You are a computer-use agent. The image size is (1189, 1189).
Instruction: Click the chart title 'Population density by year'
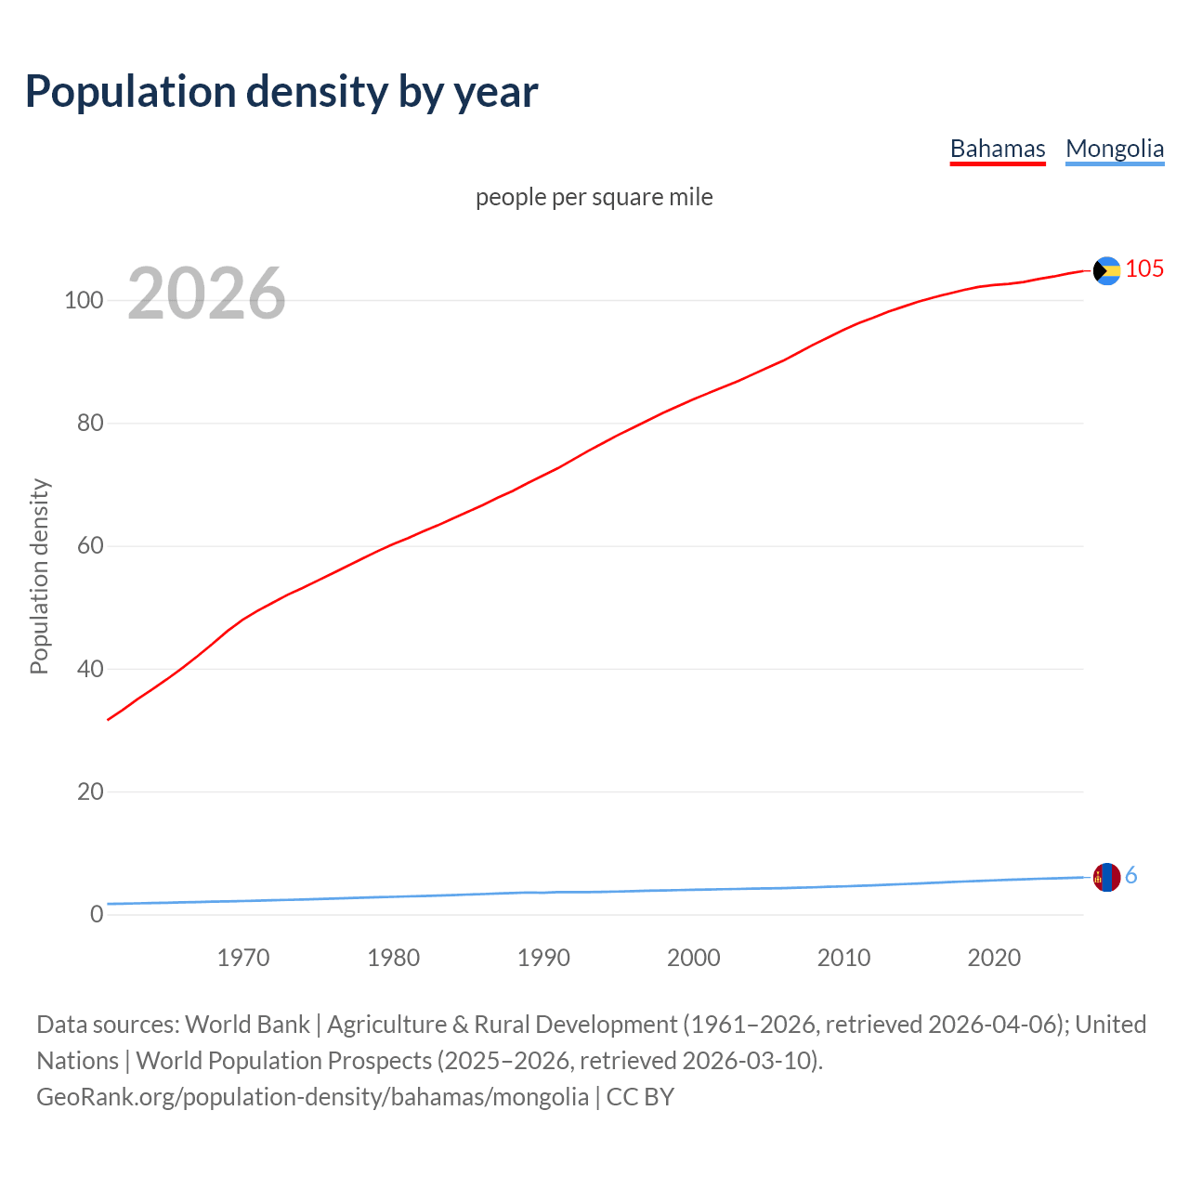click(x=281, y=92)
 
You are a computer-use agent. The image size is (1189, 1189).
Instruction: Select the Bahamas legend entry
click(x=997, y=149)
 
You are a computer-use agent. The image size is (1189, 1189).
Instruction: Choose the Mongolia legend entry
click(x=1114, y=149)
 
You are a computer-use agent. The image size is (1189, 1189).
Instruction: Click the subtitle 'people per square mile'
click(x=594, y=197)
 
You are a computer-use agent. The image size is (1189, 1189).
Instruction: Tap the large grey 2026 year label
click(x=206, y=294)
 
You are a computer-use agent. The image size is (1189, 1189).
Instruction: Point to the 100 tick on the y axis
click(x=84, y=301)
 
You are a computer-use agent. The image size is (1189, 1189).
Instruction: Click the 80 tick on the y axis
click(x=90, y=424)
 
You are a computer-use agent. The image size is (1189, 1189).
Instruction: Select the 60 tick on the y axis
click(x=90, y=546)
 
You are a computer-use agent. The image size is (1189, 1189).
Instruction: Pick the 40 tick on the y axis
click(x=90, y=669)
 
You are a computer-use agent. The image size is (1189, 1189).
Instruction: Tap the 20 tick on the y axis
click(x=90, y=792)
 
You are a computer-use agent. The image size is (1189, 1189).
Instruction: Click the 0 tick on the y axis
click(x=97, y=915)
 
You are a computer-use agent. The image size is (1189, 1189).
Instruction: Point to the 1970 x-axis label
click(x=243, y=958)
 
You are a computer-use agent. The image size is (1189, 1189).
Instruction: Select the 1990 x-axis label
click(x=543, y=958)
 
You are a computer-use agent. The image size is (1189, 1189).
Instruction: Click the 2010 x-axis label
click(x=843, y=958)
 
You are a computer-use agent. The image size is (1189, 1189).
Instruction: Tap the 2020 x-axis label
click(x=994, y=958)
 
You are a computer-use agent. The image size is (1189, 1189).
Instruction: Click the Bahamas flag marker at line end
click(x=1106, y=270)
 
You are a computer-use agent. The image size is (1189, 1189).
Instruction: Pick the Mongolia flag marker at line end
click(x=1106, y=877)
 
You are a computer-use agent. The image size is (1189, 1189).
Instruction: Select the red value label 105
click(x=1144, y=269)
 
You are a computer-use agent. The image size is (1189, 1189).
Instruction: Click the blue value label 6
click(x=1130, y=876)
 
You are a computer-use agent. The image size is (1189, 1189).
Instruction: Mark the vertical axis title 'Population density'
click(x=39, y=576)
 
